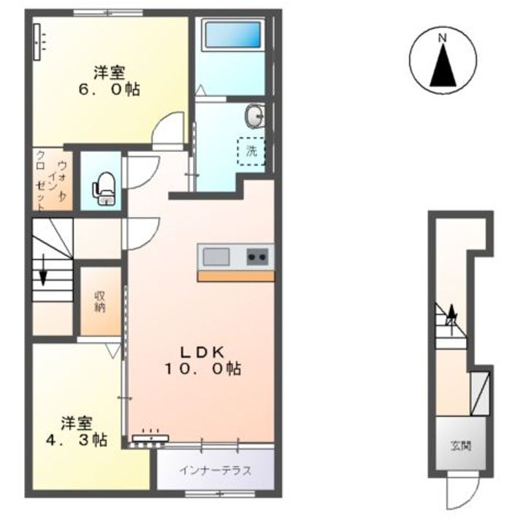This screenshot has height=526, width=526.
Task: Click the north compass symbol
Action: (x=441, y=62)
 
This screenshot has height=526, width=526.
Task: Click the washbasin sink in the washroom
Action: (x=255, y=115)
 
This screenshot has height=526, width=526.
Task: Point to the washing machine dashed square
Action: (x=250, y=151)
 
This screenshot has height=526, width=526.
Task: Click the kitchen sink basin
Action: (x=216, y=257)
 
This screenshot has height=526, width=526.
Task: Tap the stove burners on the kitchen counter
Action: (x=258, y=257)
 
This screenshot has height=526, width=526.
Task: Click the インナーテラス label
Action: (x=216, y=470)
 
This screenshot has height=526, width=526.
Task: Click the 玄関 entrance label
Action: (x=460, y=445)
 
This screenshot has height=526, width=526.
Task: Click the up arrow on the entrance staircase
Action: (x=452, y=315)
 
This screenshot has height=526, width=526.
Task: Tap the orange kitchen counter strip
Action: (x=236, y=276)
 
